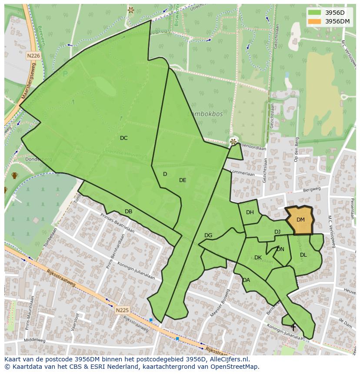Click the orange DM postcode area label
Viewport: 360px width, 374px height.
click(x=300, y=220)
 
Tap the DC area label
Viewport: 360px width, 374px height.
click(x=124, y=138)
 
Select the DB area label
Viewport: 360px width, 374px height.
click(x=128, y=212)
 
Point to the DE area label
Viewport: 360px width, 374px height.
click(x=183, y=180)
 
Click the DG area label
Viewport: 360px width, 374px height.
click(x=208, y=235)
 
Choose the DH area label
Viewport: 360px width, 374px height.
click(x=250, y=212)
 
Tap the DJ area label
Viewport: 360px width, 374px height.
click(x=277, y=232)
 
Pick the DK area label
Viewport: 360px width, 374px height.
click(x=258, y=258)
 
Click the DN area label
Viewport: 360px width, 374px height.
click(x=280, y=249)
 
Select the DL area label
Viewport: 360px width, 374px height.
click(x=303, y=255)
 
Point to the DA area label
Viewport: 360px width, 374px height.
click(x=247, y=280)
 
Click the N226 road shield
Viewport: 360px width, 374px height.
click(x=33, y=56)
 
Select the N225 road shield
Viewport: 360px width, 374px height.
click(x=122, y=310)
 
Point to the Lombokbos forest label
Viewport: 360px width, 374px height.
click(x=205, y=114)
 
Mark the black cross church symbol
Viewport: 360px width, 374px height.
click(x=293, y=327)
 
